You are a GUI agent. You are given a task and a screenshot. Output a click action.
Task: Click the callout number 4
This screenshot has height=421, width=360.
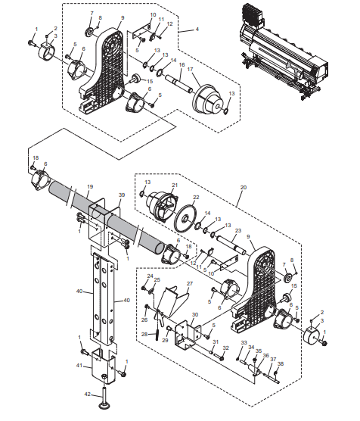197,29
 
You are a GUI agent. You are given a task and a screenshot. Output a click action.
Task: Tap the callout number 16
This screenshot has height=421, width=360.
181,66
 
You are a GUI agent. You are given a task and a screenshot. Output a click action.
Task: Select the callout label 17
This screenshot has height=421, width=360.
191,70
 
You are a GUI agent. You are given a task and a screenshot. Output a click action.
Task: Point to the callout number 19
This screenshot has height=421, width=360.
89,186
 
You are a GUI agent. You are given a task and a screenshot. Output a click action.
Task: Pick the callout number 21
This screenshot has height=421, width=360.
174,184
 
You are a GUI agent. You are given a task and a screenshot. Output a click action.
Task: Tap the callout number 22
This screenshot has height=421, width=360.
195,198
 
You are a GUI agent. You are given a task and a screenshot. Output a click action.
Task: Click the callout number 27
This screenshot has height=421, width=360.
190,284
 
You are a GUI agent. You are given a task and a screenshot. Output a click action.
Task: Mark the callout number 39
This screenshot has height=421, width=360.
121,195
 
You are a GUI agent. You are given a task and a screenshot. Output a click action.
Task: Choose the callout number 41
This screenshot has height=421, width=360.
78,365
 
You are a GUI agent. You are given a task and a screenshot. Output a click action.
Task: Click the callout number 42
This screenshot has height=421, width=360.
87,394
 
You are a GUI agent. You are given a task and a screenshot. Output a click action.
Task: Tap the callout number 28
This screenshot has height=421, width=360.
144,333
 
